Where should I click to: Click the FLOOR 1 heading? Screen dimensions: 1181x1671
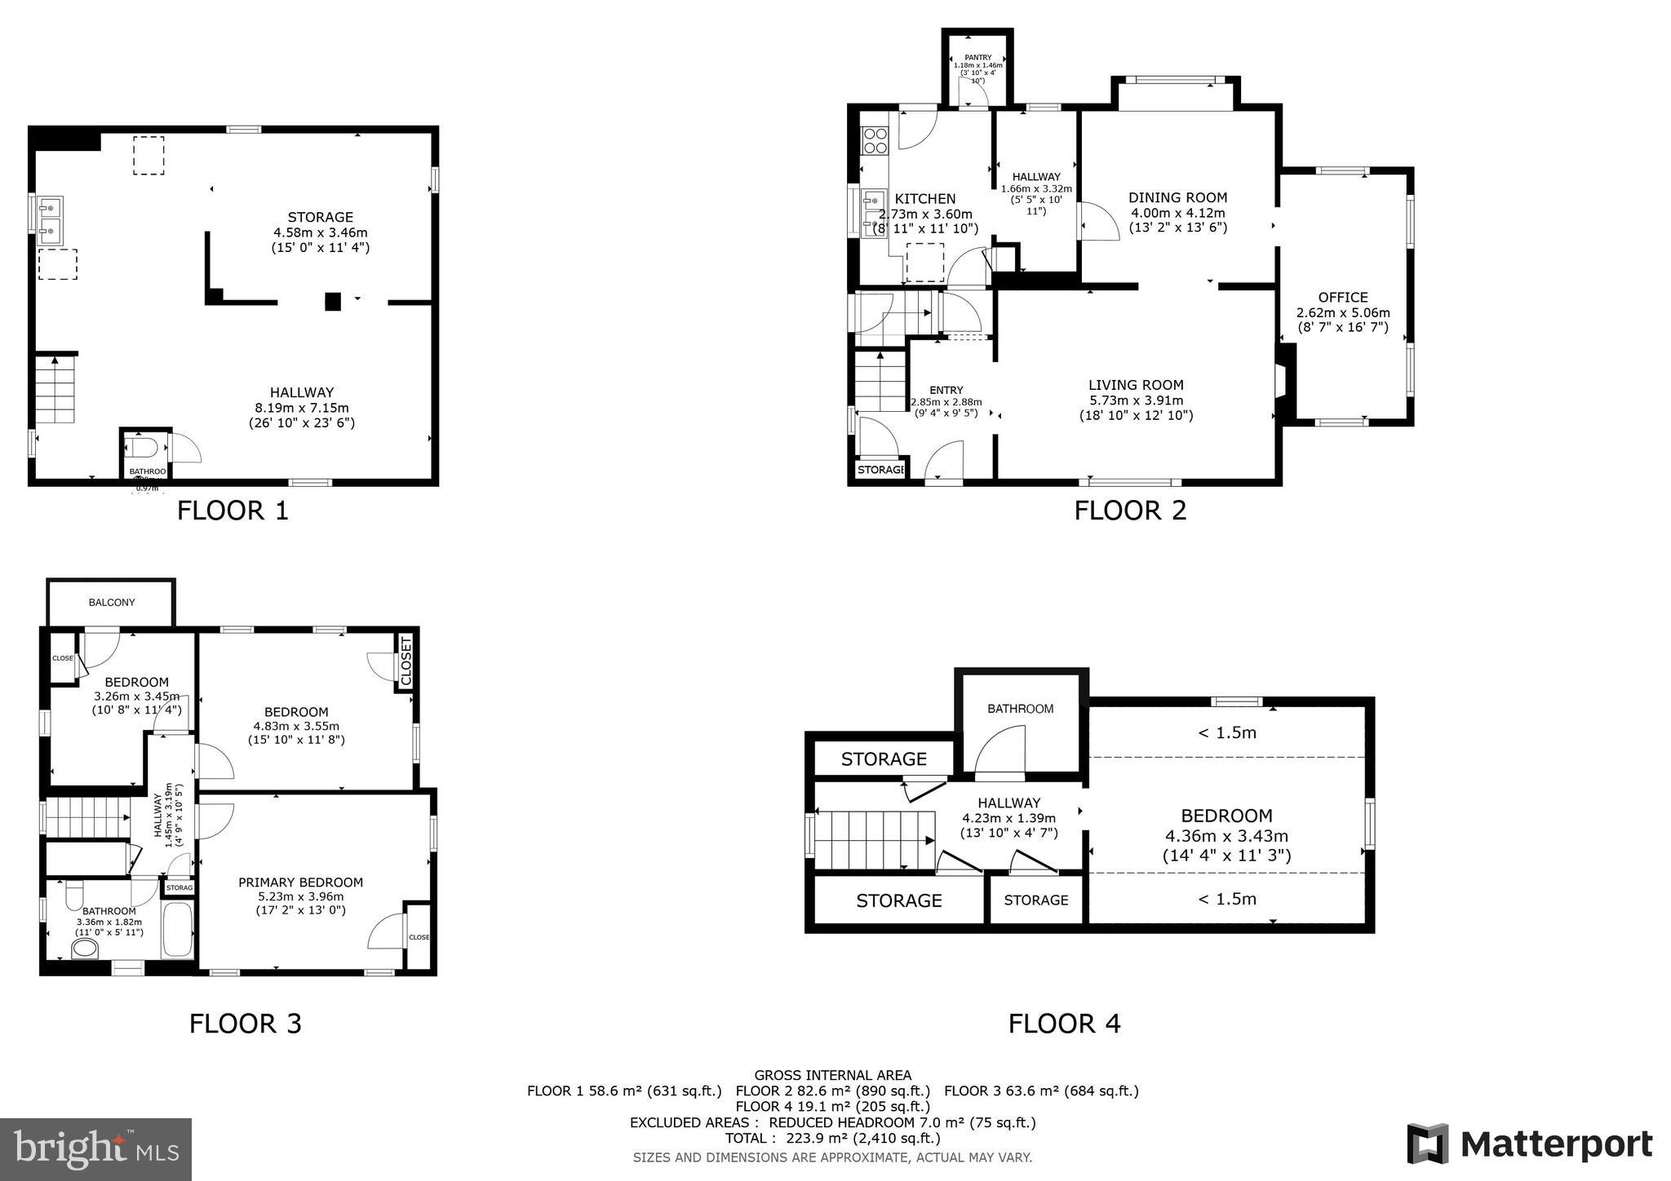(x=233, y=511)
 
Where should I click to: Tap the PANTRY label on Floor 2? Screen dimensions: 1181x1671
(x=977, y=58)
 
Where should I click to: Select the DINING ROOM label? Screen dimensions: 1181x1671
(x=1177, y=197)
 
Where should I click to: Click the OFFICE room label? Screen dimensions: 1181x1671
(x=1342, y=298)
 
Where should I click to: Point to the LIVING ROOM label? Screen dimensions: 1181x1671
(x=1135, y=385)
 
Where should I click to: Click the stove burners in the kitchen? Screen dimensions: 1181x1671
(x=875, y=140)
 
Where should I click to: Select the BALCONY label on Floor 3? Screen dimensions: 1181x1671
(x=112, y=603)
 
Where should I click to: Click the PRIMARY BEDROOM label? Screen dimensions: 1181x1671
(x=300, y=882)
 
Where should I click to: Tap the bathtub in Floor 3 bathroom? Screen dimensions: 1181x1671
(x=178, y=930)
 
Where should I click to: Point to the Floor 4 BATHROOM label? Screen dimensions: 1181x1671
(x=1020, y=709)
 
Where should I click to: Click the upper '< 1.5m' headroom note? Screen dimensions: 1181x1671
(x=1226, y=732)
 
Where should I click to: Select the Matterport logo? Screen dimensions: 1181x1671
(x=1529, y=1143)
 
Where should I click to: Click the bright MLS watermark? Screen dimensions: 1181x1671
(x=95, y=1149)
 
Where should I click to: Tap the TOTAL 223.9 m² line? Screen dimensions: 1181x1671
(x=832, y=1138)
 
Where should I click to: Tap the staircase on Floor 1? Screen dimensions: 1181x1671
(x=55, y=390)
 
